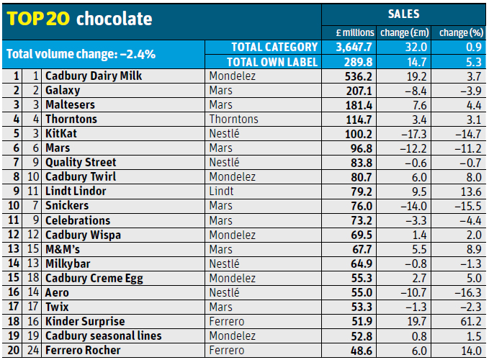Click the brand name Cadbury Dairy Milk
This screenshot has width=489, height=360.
(x=94, y=76)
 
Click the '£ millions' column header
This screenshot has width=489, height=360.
(x=355, y=32)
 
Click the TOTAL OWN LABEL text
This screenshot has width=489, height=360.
(x=272, y=62)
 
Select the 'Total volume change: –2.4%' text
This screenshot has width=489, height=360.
(x=81, y=54)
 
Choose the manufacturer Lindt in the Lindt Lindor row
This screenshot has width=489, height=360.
(x=221, y=191)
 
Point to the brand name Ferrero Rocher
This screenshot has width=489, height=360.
(x=82, y=350)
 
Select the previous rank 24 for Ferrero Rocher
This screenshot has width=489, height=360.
(x=33, y=350)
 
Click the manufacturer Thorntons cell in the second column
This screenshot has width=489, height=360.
(x=232, y=119)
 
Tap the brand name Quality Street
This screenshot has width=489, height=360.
(x=81, y=162)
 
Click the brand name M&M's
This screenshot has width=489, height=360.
(x=63, y=249)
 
